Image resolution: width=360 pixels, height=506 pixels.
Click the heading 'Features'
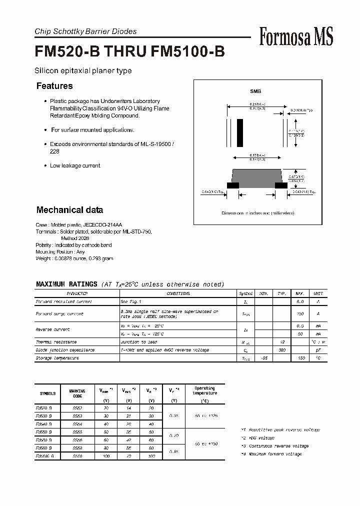coord(54,86)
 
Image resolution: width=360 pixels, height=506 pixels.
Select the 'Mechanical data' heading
coord(69,210)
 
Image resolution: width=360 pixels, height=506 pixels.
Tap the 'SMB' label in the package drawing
coord(255,91)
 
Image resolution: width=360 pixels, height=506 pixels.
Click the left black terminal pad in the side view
coord(232,185)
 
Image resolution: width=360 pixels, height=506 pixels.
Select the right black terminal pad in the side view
coord(281,185)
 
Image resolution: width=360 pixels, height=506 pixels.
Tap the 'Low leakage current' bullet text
coord(75,165)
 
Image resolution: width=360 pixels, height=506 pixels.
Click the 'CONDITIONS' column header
coord(178,293)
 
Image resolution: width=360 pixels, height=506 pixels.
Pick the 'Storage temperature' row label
coord(57,358)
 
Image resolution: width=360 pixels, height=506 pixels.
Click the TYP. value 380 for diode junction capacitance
coord(281,350)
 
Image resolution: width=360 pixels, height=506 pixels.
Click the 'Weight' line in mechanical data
coord(74,258)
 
